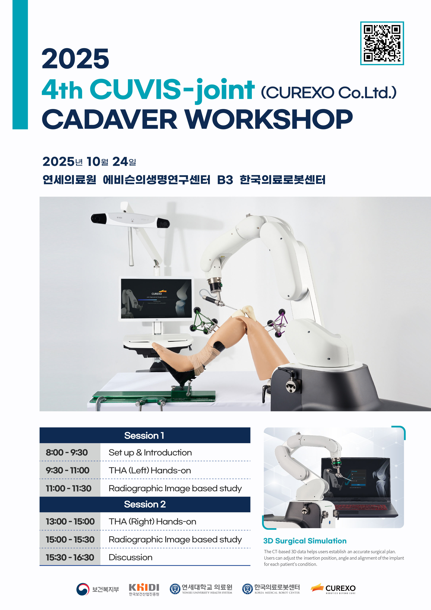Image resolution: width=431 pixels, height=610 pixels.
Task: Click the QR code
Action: coord(382,43)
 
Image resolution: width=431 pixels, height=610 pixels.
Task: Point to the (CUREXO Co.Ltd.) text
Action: coord(329,92)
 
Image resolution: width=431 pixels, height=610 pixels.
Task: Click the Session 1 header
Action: coord(145,435)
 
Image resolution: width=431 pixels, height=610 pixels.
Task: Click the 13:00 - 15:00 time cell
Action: coord(70,521)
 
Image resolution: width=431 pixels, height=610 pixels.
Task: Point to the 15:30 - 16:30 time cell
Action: coord(70,557)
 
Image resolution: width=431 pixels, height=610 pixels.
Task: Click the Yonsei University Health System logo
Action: coord(201,589)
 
